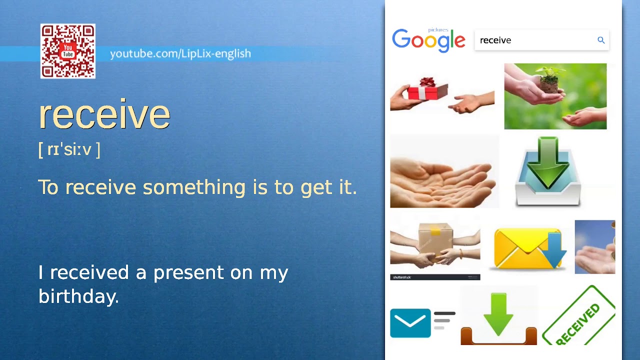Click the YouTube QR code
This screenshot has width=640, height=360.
point(68,51)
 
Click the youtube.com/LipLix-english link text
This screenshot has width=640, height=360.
point(180,53)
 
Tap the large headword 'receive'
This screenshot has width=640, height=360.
point(104,114)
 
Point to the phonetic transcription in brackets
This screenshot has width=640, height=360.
point(69,149)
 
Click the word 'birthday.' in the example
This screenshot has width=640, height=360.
point(78,296)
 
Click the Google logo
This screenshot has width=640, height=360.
point(428,40)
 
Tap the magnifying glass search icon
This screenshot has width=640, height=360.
point(601,40)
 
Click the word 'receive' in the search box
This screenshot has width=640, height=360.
point(495,40)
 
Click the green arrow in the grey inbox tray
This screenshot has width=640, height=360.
point(548,162)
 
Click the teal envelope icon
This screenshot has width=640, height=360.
point(410,323)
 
